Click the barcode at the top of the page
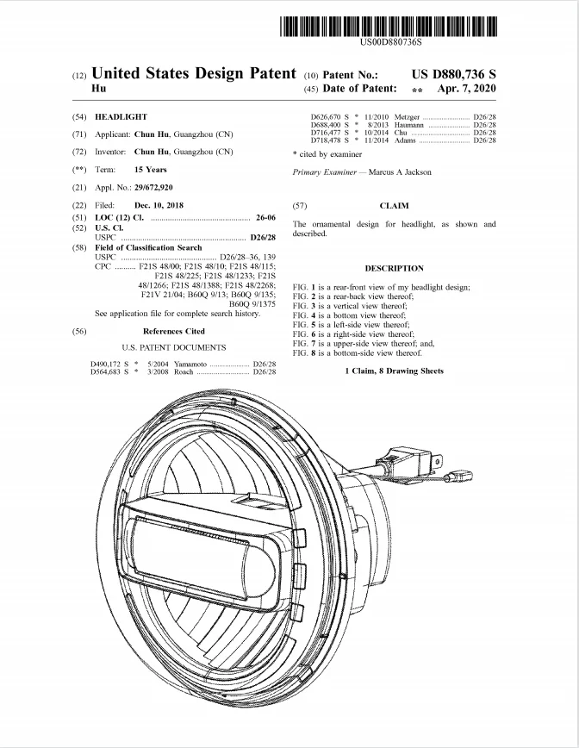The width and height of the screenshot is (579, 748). [x=389, y=26]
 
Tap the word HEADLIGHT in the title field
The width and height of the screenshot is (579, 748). [x=121, y=116]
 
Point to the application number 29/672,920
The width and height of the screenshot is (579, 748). [x=148, y=187]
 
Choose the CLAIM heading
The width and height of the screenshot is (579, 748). [x=394, y=206]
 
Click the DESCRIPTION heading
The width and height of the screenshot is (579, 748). [x=394, y=268]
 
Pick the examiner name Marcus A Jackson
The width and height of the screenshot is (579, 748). [x=401, y=172]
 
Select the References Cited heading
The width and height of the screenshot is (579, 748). [x=174, y=331]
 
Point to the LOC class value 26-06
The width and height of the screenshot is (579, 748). [x=265, y=218]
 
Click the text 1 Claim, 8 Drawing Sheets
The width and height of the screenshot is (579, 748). [x=394, y=371]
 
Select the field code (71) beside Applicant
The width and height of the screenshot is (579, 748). [x=79, y=134]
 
